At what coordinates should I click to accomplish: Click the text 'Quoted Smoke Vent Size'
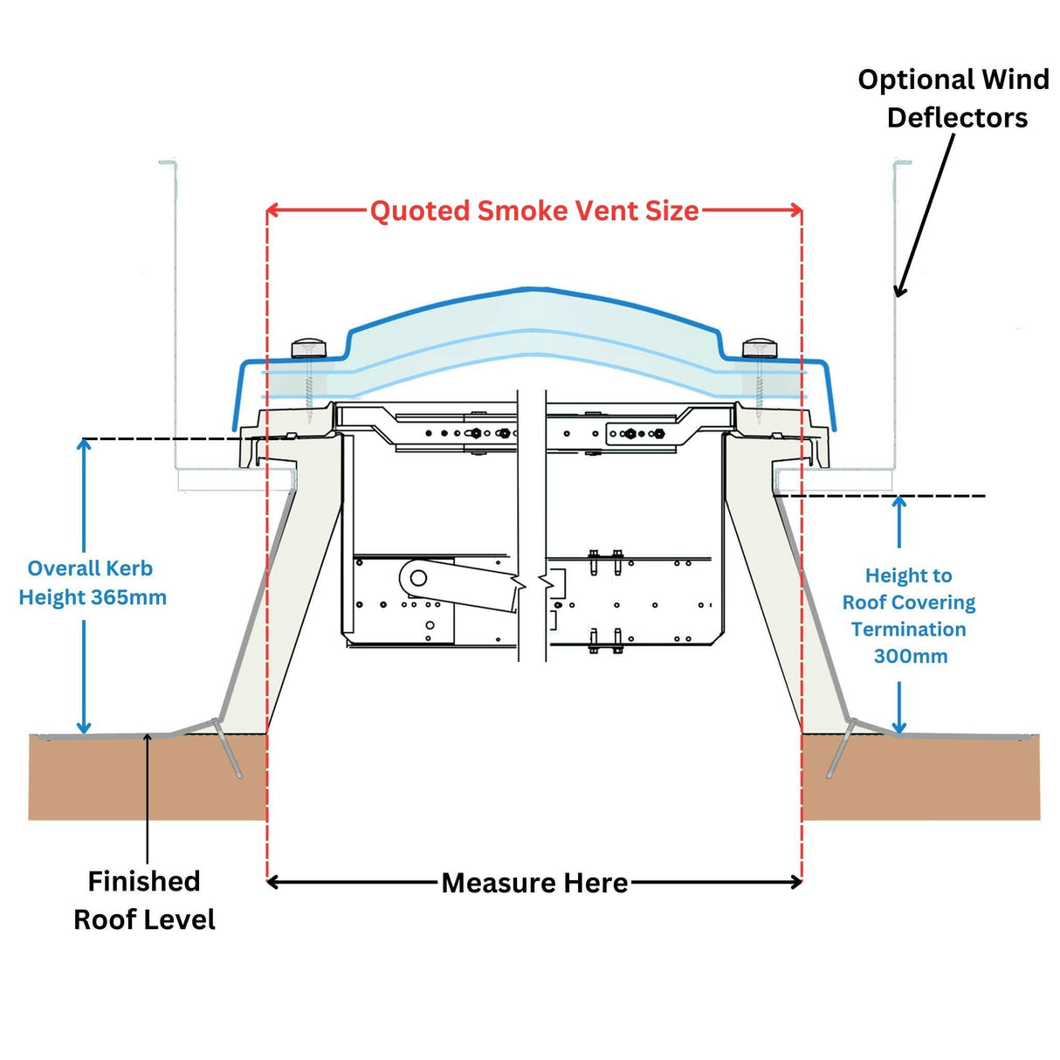[533, 211]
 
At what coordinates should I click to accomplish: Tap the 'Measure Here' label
[534, 883]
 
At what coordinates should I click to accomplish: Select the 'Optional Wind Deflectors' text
[954, 99]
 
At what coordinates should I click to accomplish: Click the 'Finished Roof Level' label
[144, 900]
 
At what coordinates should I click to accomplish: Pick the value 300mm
[910, 657]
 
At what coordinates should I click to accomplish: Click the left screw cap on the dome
[308, 348]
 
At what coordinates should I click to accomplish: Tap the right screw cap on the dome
[759, 349]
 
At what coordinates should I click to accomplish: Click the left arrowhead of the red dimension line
[272, 210]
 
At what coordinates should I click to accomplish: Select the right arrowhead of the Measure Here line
[796, 882]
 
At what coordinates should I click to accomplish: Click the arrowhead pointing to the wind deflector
[899, 291]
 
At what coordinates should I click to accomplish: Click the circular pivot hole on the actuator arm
[418, 578]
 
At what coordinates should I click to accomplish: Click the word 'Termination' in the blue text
[908, 630]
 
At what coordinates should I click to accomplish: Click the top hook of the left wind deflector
[168, 162]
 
